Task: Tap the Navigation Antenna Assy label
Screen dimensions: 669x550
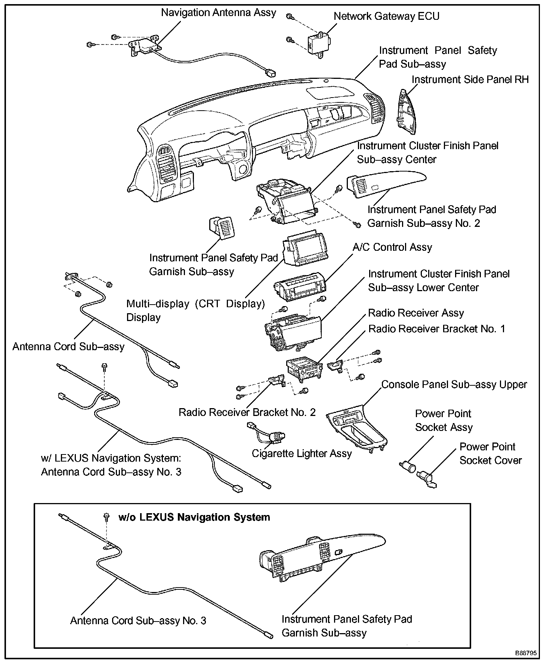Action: click(x=218, y=12)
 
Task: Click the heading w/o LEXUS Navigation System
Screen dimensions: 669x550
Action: click(x=194, y=517)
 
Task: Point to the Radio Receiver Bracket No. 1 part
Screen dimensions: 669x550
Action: click(x=336, y=366)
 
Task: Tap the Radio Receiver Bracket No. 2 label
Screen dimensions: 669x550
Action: click(x=247, y=412)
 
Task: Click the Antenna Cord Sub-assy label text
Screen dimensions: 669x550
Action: click(x=68, y=346)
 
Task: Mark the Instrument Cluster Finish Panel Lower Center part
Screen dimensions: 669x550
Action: click(x=293, y=330)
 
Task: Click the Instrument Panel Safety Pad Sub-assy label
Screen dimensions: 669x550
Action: click(x=438, y=57)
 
